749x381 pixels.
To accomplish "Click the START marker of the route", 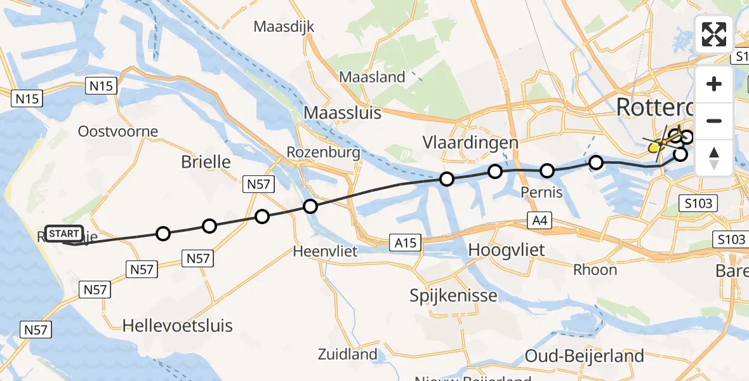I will point(64,234).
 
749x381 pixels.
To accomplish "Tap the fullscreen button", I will point(714,34).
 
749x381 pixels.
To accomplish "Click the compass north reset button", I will point(714,158).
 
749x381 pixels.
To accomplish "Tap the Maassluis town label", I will point(343,112).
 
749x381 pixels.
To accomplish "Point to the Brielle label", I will point(206,161).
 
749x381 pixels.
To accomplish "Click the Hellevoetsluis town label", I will point(177,326).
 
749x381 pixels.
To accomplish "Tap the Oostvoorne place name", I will point(117,131).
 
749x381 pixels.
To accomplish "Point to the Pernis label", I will point(541,192).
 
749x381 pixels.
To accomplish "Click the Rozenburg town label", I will point(323,152).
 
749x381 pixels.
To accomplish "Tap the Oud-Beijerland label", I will point(585,356).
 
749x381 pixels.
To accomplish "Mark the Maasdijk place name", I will point(284,27).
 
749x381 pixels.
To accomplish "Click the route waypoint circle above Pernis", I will point(547,171).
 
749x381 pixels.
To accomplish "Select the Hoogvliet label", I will point(506,250).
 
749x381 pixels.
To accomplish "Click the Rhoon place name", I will point(595,270).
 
